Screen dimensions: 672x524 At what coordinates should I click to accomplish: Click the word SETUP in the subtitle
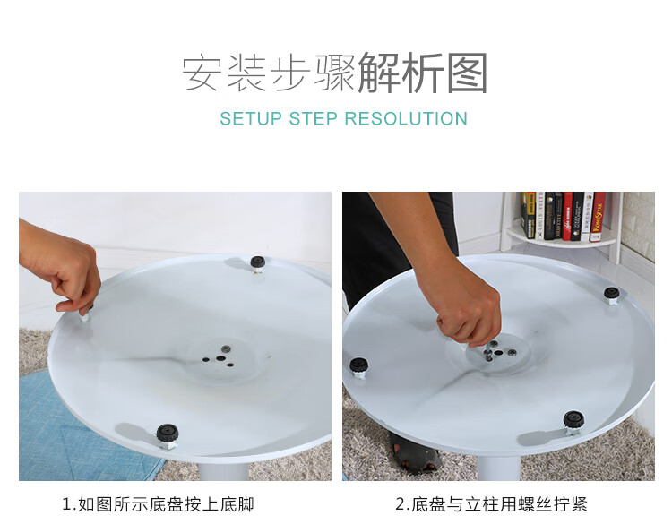click(251, 118)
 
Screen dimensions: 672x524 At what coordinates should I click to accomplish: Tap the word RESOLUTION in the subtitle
click(406, 118)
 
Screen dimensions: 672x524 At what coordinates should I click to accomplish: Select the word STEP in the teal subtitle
click(314, 118)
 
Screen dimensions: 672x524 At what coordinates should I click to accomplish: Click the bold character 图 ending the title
click(467, 73)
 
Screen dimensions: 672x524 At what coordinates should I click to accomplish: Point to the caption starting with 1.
click(158, 504)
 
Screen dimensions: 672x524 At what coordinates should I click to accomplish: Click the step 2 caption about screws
click(491, 504)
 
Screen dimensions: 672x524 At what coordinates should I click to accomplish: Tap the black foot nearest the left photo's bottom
click(168, 434)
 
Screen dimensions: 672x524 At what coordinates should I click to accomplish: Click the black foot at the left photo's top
click(257, 262)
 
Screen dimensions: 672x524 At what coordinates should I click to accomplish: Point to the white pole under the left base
click(224, 470)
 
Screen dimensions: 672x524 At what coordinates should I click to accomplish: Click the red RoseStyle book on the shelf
click(598, 216)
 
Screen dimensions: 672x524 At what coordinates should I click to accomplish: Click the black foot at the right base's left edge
click(358, 366)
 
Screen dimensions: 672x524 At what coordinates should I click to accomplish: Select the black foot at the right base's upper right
click(612, 295)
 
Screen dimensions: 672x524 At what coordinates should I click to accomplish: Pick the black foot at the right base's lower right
click(573, 421)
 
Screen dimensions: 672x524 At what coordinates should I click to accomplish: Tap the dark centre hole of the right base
click(498, 353)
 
